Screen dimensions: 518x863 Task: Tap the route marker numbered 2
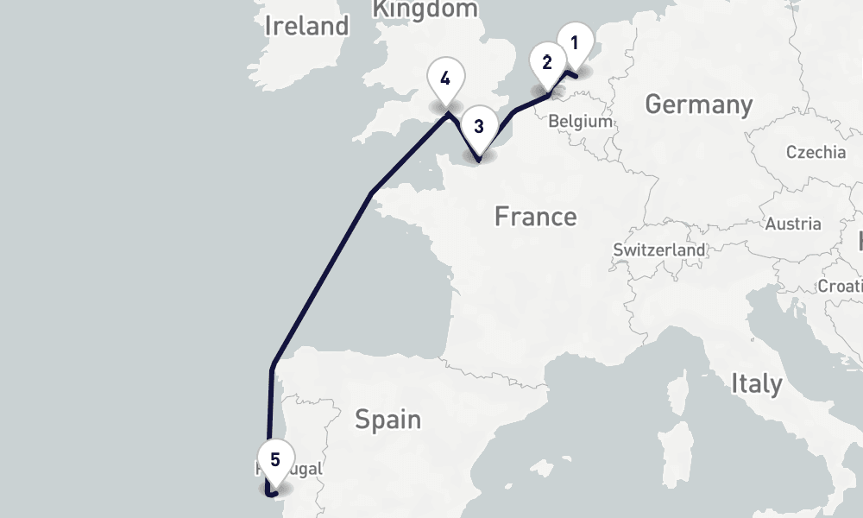click(547, 63)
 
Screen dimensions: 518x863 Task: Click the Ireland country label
click(306, 26)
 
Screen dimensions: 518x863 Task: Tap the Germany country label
click(698, 104)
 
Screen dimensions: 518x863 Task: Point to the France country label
click(535, 216)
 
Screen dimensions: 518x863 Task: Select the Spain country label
click(388, 420)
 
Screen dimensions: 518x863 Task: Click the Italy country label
click(756, 383)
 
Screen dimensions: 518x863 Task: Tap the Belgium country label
click(580, 122)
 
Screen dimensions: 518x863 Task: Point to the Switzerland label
click(659, 250)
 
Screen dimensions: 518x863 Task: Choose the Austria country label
click(793, 224)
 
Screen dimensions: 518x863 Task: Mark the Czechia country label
click(816, 152)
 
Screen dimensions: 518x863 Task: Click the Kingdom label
click(425, 9)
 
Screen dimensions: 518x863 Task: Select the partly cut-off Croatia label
click(841, 286)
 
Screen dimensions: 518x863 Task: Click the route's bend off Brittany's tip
click(371, 193)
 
